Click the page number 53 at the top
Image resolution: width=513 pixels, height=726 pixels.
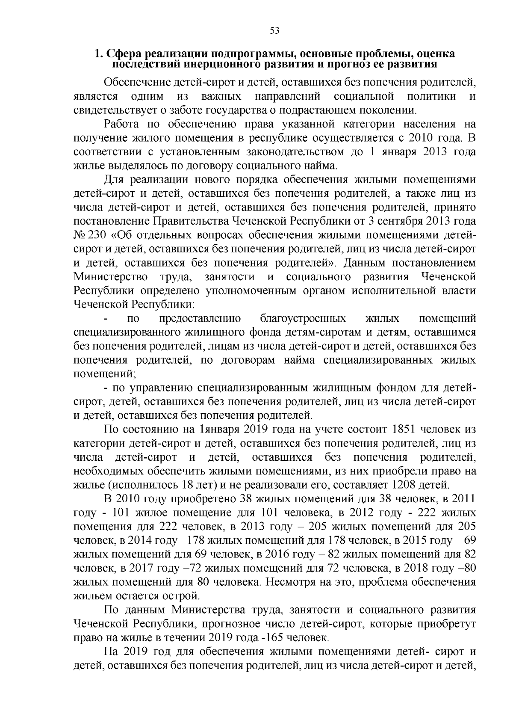tap(274, 30)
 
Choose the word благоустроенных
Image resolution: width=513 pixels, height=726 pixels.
tap(303, 319)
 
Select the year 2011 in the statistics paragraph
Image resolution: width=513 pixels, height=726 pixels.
tap(463, 498)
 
